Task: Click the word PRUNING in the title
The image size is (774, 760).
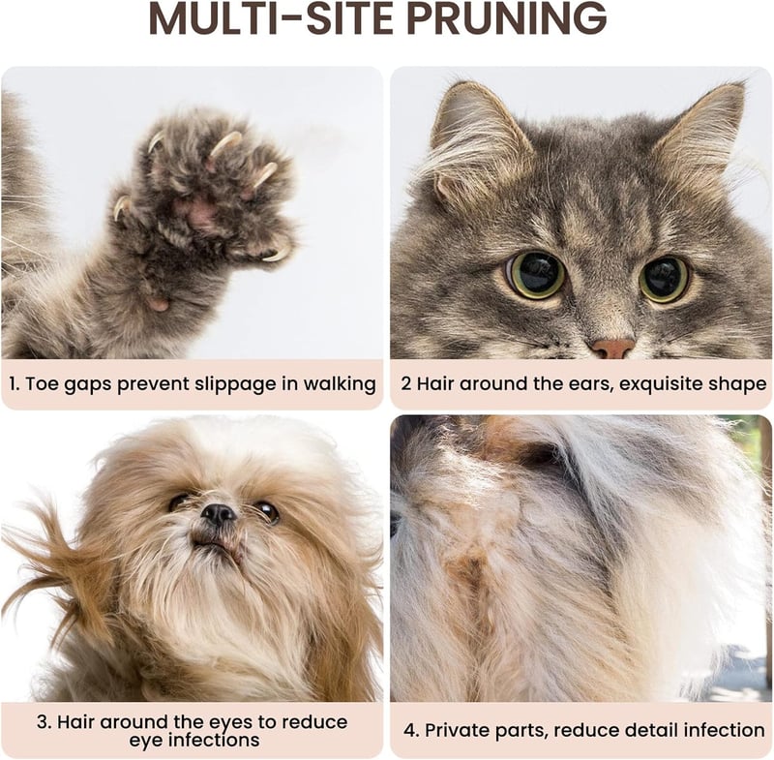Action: click(507, 19)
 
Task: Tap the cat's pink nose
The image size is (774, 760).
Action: click(613, 348)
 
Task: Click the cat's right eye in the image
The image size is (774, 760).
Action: click(664, 279)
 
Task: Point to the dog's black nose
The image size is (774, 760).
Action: click(219, 514)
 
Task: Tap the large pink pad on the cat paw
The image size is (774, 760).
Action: click(200, 213)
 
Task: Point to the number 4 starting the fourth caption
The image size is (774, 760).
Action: click(410, 730)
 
